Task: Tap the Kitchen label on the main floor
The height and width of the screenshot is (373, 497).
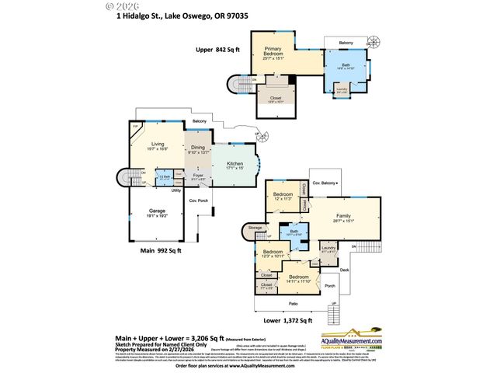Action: (x=235, y=165)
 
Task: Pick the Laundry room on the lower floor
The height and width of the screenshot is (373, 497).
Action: (x=328, y=249)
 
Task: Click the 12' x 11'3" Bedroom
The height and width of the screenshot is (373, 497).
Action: (x=282, y=196)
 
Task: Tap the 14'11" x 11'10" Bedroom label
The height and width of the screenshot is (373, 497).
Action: (x=299, y=278)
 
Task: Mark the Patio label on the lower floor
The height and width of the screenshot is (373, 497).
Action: (x=293, y=304)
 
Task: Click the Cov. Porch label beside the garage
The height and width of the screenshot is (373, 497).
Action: (x=199, y=200)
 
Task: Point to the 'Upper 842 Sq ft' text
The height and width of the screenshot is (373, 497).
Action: (x=217, y=49)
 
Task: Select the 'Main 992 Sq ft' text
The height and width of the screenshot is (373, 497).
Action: (x=161, y=250)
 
